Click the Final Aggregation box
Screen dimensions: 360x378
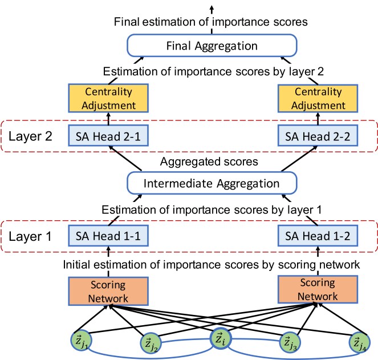[211, 46]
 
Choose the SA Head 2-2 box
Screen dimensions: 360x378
[316, 136]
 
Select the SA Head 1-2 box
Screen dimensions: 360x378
[316, 234]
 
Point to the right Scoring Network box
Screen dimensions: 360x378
[316, 290]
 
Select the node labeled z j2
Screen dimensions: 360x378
[151, 343]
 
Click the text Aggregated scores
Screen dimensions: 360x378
[210, 161]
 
